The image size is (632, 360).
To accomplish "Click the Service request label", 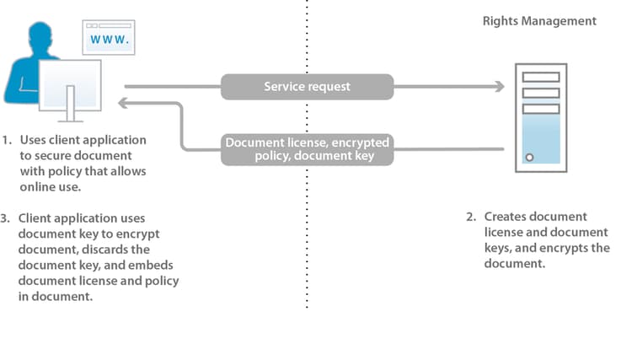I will click(307, 86).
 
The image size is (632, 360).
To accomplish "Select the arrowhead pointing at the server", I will click(499, 86).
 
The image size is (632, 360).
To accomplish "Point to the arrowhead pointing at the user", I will click(125, 103).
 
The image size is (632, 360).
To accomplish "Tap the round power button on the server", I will click(528, 158).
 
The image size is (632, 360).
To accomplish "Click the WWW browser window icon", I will click(109, 39).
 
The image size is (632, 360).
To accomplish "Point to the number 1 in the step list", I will click(6, 140).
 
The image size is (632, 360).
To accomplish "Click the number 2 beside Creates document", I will click(471, 217).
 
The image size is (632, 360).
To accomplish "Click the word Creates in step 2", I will click(504, 217).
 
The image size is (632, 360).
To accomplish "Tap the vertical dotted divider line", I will click(307, 253).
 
